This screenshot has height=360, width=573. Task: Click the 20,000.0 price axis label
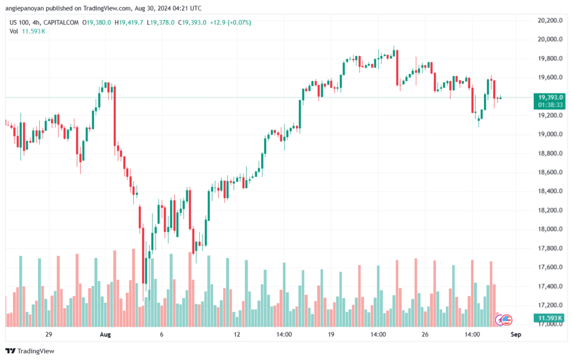pos(550,40)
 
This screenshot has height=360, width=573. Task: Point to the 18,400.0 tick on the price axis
pos(550,191)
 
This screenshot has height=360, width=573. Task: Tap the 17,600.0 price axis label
pos(550,267)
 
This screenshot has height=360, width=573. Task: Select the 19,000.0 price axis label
pos(550,134)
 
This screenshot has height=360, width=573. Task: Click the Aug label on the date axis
pos(105,334)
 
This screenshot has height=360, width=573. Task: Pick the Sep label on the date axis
pos(515,334)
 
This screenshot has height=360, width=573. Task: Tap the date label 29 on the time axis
pos(49,334)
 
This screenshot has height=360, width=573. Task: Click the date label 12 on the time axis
pos(237,334)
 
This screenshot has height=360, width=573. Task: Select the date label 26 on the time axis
pos(425,334)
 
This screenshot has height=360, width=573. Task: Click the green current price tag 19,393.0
pos(551,97)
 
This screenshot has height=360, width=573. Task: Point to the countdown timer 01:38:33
pos(551,105)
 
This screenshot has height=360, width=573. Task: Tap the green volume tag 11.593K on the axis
pos(549,318)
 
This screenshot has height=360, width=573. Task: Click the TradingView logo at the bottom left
pos(30,351)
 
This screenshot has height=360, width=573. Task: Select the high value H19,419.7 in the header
pos(129,22)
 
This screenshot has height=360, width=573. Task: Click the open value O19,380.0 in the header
pos(96,22)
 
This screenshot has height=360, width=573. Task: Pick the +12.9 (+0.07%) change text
pos(230,22)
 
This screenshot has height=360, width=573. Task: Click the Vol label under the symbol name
pos(13,31)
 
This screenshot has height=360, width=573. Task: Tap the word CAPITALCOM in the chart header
pos(60,22)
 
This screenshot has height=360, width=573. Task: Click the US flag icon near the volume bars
pos(506,320)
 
